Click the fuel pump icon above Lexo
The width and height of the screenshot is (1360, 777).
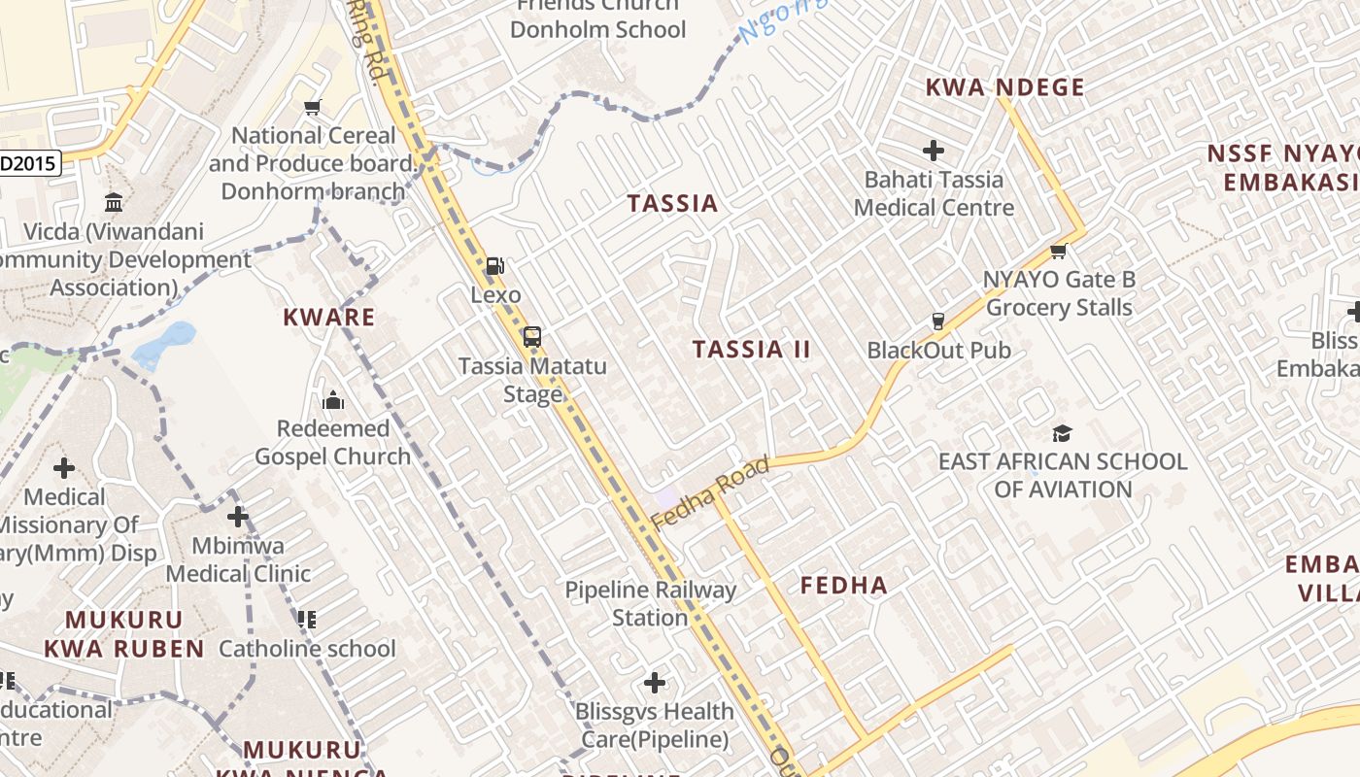point(494,265)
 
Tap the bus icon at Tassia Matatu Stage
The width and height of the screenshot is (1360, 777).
point(531,337)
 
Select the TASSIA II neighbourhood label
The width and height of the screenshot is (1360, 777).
point(751,350)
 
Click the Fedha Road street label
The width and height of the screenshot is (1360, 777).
point(710,493)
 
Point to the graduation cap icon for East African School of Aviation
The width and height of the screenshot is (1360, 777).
point(1062,433)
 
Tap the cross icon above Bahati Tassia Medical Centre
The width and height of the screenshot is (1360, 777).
point(934,151)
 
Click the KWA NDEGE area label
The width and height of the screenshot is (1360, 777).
point(1004,87)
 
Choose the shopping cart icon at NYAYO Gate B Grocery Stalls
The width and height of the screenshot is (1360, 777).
point(1059,252)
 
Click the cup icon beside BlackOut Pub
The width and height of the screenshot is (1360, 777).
point(938,321)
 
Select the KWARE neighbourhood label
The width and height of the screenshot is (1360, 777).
point(329,317)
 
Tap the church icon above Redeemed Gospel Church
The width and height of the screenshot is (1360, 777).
point(333,400)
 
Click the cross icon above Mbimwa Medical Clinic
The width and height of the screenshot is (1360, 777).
point(238,517)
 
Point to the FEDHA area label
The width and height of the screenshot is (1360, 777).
point(844,585)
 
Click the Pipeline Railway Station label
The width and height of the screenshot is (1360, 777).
point(651,603)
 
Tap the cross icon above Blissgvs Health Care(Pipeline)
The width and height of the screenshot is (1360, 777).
point(655,683)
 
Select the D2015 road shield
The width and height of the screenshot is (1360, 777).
point(29,163)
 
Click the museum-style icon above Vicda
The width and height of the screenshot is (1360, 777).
point(114,203)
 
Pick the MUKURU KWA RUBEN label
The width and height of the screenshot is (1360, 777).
point(124,634)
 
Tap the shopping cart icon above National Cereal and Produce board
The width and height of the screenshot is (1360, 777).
point(312,108)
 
